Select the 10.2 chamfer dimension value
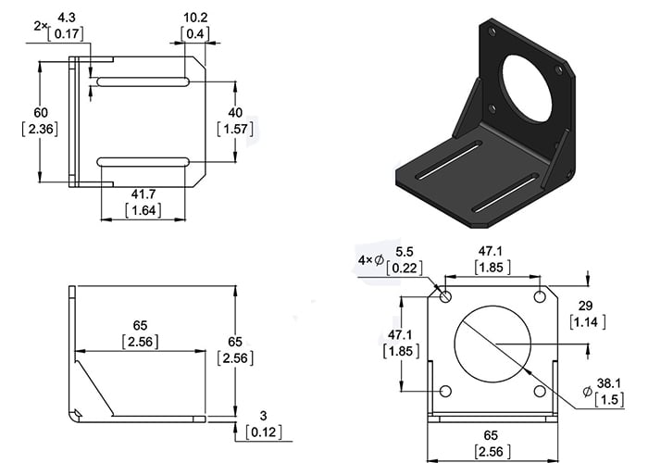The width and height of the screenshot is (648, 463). [x=195, y=18]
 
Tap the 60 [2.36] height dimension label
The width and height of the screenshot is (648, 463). [x=40, y=120]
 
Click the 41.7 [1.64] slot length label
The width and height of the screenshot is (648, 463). [x=142, y=202]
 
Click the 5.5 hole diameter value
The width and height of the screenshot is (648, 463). [x=405, y=252]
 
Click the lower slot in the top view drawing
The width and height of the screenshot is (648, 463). [x=143, y=163]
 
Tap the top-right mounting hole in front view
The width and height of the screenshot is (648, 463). [x=540, y=297]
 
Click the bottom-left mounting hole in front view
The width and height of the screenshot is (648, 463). [x=445, y=392]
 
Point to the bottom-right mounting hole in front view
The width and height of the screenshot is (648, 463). [x=540, y=392]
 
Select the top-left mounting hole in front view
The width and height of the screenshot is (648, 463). [x=445, y=297]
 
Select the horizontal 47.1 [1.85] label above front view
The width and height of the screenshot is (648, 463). [x=490, y=259]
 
